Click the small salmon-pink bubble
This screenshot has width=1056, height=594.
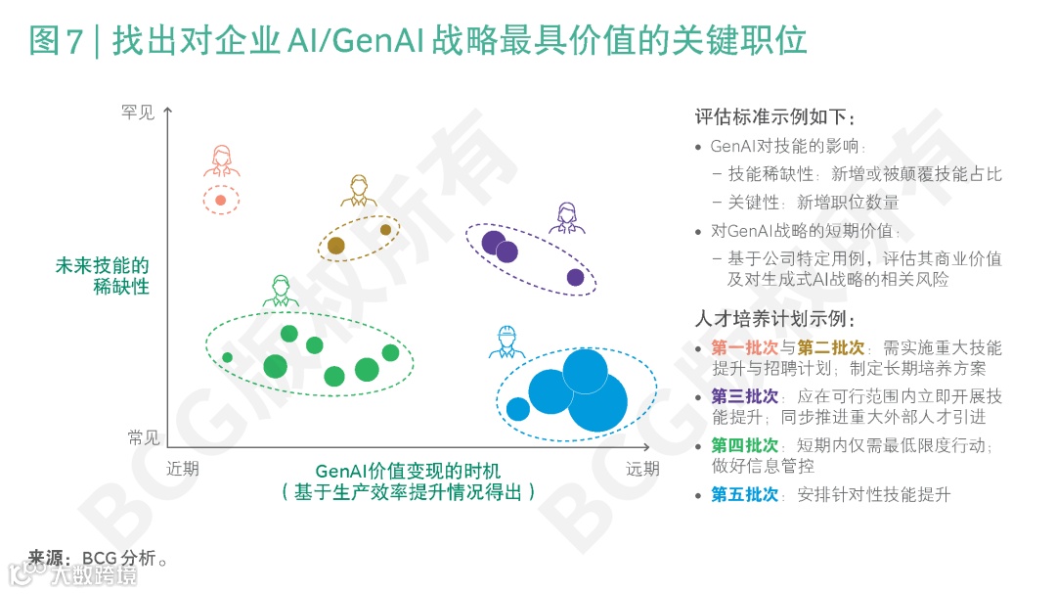pyautogui.click(x=221, y=201)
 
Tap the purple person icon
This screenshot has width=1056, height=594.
pyautogui.click(x=567, y=218)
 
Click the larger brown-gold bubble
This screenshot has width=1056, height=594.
pyautogui.click(x=336, y=246)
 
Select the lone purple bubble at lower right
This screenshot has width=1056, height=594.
pyautogui.click(x=576, y=278)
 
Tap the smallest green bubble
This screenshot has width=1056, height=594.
pyautogui.click(x=228, y=357)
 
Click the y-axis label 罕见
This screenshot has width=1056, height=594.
pyautogui.click(x=138, y=114)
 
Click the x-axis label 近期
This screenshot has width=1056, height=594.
pyautogui.click(x=183, y=469)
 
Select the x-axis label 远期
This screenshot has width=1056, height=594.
pyautogui.click(x=642, y=469)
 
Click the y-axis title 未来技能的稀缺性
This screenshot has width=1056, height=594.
pyautogui.click(x=103, y=276)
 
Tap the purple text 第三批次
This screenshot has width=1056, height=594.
pyautogui.click(x=745, y=396)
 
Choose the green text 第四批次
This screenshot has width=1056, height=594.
pyautogui.click(x=745, y=445)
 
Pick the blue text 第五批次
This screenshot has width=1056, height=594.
pyautogui.click(x=745, y=494)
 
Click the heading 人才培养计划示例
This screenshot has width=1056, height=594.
pyautogui.click(x=775, y=319)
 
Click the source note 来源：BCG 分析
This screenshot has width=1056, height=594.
pyautogui.click(x=99, y=559)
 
